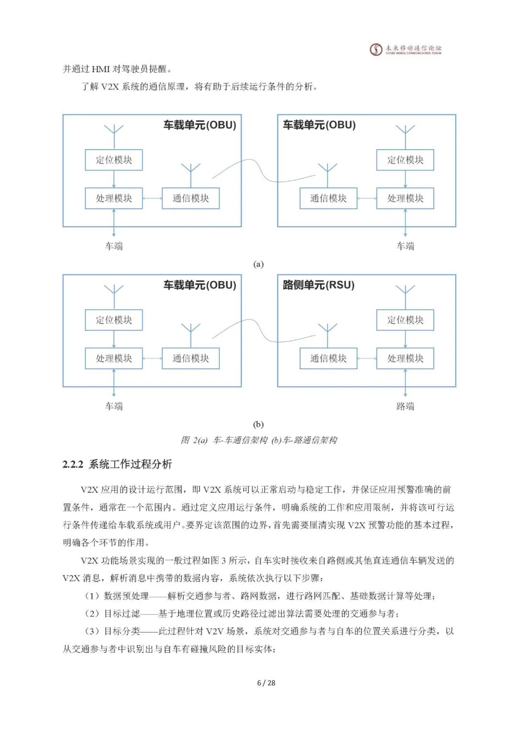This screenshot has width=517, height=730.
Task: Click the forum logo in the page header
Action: (x=376, y=49)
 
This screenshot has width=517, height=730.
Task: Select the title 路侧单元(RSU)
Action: (x=318, y=285)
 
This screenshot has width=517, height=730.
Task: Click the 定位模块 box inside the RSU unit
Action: (x=405, y=320)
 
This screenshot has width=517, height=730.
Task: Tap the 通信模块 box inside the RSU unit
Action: (x=328, y=359)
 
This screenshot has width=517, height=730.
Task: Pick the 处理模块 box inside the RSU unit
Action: (x=405, y=359)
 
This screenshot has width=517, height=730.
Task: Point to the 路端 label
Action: (x=405, y=406)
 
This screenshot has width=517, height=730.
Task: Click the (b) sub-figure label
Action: (x=258, y=424)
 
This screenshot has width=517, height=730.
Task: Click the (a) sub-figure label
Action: (x=258, y=264)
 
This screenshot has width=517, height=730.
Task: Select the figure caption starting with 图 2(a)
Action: (x=258, y=440)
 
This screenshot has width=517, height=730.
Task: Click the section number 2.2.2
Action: (x=73, y=464)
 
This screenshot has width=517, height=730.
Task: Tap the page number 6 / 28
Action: (x=266, y=683)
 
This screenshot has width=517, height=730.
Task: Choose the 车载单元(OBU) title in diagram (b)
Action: (x=200, y=285)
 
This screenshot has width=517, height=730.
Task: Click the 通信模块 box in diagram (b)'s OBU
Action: (x=191, y=359)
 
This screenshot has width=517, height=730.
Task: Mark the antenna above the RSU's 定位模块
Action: (x=405, y=292)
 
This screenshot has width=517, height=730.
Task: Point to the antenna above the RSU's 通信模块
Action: (x=328, y=330)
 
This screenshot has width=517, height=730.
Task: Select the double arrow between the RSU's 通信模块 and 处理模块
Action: (x=367, y=359)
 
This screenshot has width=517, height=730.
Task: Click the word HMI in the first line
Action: (x=101, y=69)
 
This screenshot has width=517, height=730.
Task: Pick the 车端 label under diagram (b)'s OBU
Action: (x=114, y=406)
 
